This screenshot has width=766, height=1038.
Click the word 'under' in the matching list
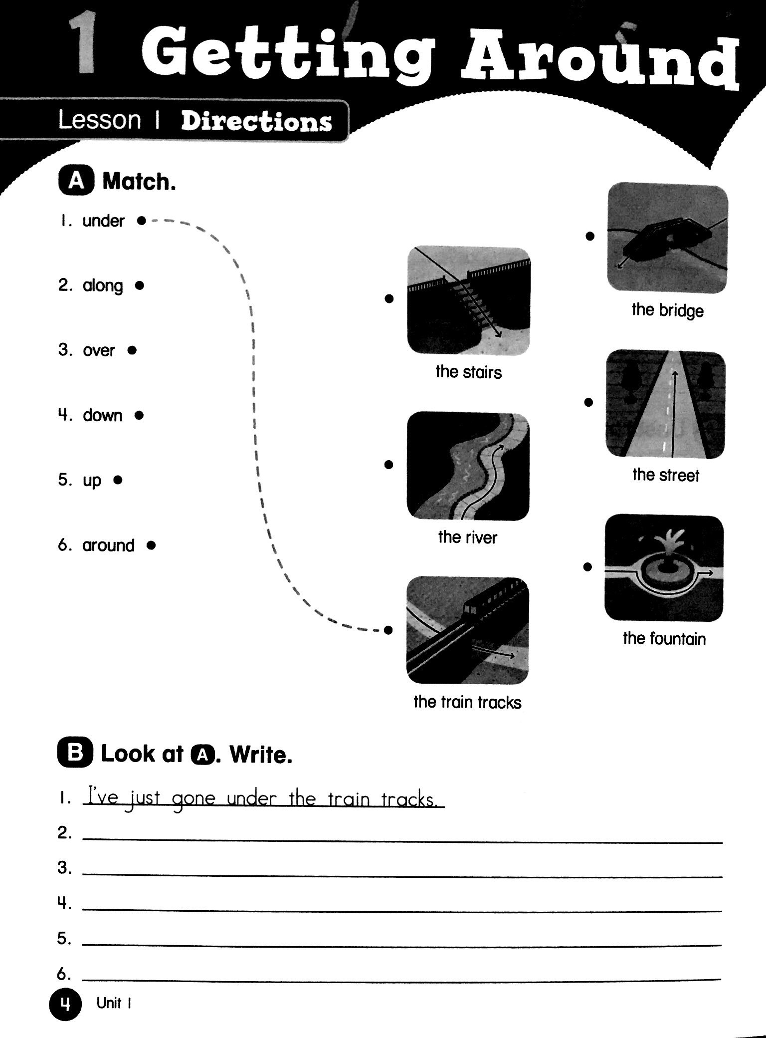(103, 221)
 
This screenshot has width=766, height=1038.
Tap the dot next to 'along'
(140, 285)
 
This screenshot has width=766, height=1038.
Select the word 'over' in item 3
(99, 350)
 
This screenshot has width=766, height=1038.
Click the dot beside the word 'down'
(140, 415)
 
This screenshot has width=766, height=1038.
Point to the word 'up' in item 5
(92, 480)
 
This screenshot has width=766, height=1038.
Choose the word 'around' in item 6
(108, 545)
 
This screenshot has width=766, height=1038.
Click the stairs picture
(468, 301)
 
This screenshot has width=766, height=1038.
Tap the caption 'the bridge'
(667, 310)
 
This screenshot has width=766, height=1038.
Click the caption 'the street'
(665, 475)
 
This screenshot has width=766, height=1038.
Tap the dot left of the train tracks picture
(388, 630)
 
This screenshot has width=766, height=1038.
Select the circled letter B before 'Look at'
(75, 754)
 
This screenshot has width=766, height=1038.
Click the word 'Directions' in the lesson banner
(256, 122)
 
